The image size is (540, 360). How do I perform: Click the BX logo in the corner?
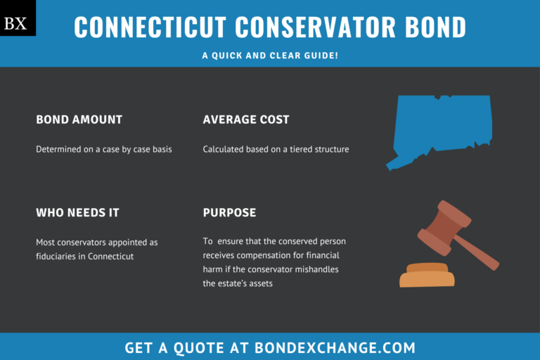[x=15, y=23]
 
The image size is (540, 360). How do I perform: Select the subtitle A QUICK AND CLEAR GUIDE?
[x=270, y=54]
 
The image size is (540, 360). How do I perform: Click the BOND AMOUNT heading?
[x=79, y=120]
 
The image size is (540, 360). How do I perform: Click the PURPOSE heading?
[x=229, y=212]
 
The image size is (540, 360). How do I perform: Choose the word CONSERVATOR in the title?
[x=306, y=27]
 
